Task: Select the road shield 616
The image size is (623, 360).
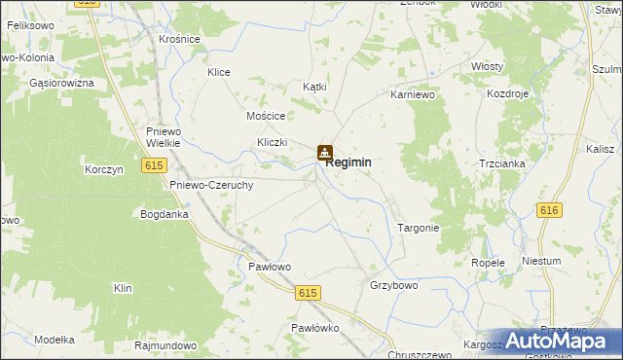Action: (x=549, y=210)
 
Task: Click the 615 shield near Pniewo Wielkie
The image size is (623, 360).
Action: (x=153, y=166)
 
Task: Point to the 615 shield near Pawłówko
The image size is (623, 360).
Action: (x=309, y=293)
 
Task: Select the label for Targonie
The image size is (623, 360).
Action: (x=419, y=228)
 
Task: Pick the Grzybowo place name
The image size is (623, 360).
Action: (x=393, y=286)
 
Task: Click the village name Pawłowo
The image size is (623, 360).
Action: (x=270, y=266)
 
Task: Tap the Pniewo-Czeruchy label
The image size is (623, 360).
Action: (x=211, y=185)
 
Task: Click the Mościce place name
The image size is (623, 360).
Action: (x=265, y=115)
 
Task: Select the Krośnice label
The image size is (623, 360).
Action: (x=179, y=39)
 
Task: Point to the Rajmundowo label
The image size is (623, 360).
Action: (x=165, y=345)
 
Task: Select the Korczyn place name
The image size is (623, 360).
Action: (x=103, y=169)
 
